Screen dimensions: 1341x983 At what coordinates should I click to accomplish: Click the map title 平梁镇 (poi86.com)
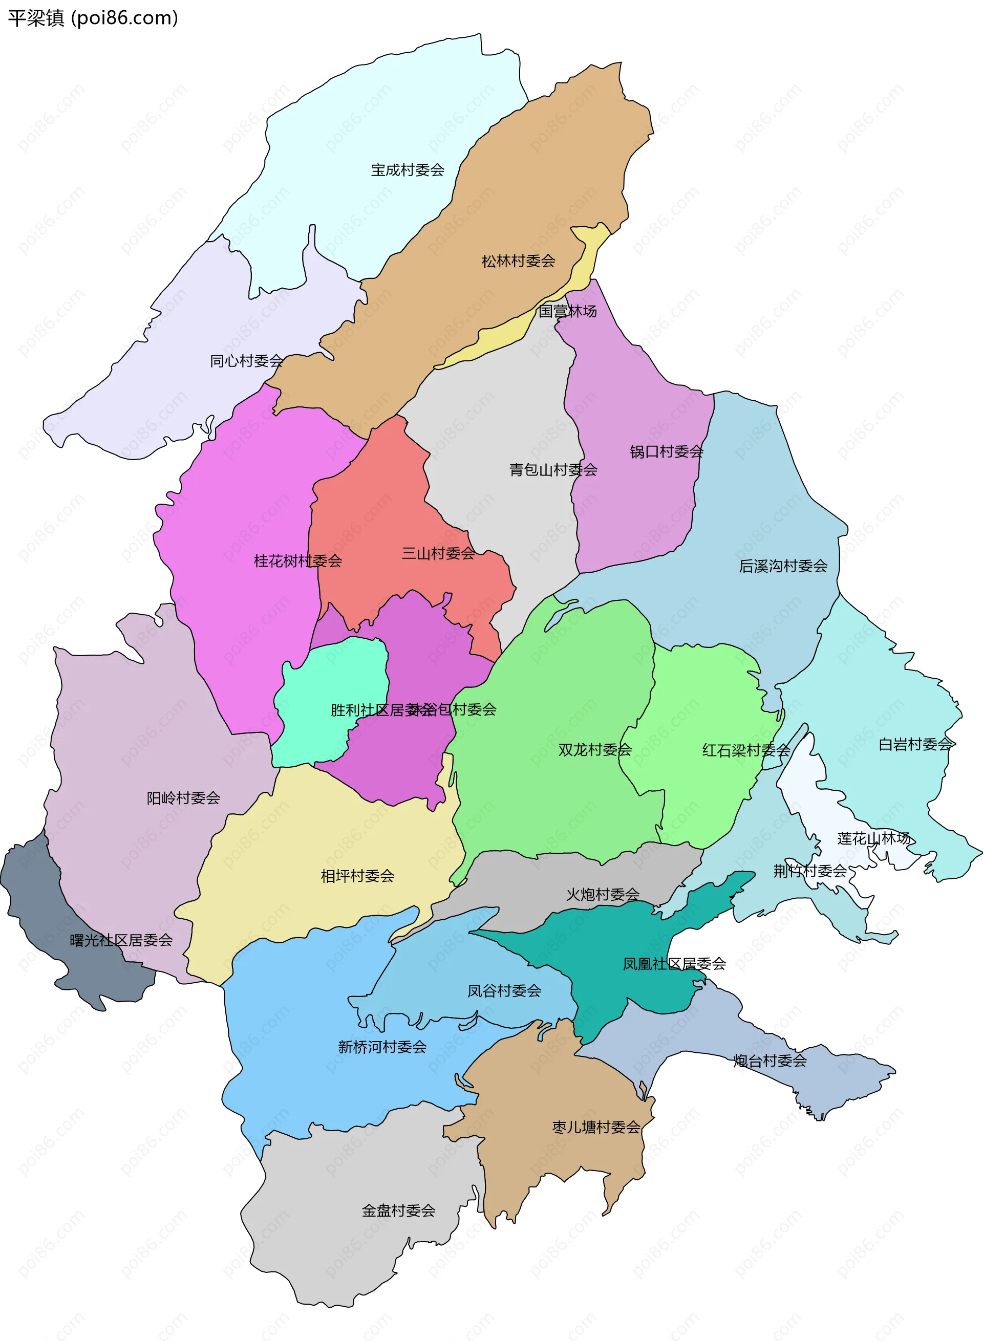93,18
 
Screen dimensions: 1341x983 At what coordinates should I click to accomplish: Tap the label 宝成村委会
408,170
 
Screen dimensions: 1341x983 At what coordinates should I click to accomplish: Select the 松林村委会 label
518,261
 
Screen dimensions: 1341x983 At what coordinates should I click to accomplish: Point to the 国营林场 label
567,311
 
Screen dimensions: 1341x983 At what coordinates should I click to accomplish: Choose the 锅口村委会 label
667,451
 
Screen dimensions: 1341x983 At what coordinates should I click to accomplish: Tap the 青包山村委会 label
553,470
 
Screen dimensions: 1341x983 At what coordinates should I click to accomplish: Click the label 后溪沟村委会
783,566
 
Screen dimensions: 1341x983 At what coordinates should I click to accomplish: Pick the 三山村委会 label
439,553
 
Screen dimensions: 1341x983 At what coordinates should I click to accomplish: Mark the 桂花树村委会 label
297,560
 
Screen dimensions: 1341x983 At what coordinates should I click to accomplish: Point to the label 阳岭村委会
183,798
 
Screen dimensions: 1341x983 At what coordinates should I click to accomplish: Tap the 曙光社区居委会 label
121,940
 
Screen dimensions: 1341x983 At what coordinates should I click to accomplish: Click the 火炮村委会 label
602,894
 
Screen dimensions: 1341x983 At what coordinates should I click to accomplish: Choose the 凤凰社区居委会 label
674,964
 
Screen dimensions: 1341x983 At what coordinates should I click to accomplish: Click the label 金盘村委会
399,1210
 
